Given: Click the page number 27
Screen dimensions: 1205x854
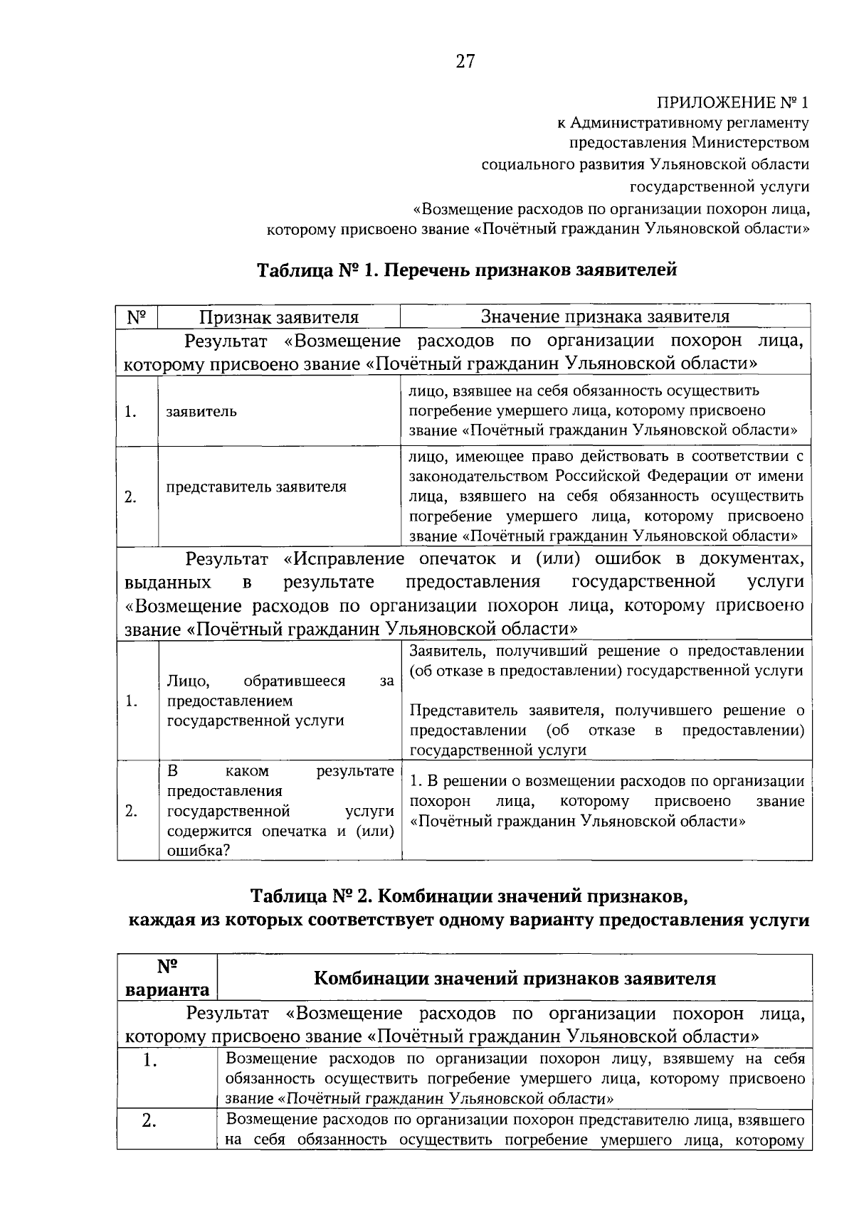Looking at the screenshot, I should point(465,62).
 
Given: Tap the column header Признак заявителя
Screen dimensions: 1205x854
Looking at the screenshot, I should point(278,317).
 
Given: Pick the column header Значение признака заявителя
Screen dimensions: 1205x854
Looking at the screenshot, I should point(605,316).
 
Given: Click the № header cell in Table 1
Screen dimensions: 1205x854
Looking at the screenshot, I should point(137,317).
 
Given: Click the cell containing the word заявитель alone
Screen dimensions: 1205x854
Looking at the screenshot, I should point(201,411).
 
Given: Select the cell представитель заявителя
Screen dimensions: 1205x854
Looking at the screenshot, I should point(256,487).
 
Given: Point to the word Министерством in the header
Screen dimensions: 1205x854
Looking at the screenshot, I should point(750,142).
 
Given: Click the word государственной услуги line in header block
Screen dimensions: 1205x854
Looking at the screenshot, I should point(719,186).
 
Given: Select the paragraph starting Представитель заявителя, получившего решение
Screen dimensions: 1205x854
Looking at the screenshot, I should point(607,730).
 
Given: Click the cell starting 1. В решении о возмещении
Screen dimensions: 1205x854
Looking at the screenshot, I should point(607,801).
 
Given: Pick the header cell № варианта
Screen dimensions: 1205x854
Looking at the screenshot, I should point(167,978).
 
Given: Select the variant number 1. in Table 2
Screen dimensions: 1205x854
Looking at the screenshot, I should point(149,1061).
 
